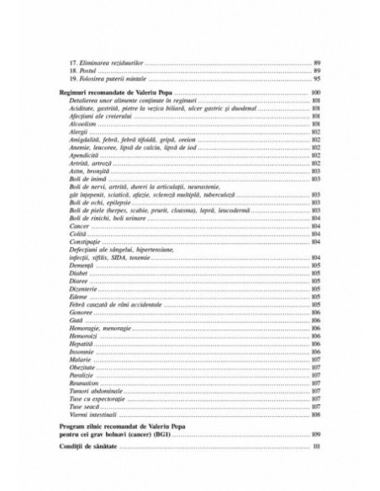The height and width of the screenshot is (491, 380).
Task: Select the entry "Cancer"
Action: (x=80, y=226)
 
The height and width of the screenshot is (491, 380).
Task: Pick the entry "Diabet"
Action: (x=79, y=272)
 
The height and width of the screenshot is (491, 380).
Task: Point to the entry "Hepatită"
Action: (x=82, y=343)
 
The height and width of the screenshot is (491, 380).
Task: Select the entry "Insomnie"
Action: (x=82, y=351)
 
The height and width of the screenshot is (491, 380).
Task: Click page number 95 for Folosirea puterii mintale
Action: (x=317, y=78)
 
